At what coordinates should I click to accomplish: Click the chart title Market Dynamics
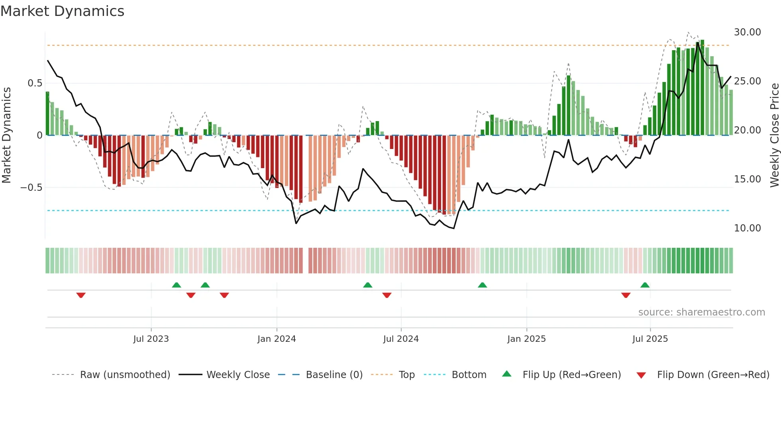[62, 11]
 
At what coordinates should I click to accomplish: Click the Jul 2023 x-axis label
[151, 339]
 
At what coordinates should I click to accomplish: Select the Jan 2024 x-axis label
[277, 339]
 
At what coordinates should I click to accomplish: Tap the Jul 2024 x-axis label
[401, 339]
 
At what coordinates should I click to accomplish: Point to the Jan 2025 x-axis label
[526, 339]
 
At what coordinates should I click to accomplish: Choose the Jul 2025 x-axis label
[650, 339]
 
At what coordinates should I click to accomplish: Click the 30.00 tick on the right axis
[747, 32]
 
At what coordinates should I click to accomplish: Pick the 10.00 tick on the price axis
[747, 228]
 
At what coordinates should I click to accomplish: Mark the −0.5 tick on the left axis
[31, 188]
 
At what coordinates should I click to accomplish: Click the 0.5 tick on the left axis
[35, 83]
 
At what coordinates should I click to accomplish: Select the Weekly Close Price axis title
[774, 135]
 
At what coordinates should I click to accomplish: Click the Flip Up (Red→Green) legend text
[571, 375]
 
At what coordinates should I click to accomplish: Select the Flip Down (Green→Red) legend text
[713, 375]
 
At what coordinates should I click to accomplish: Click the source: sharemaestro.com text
[701, 312]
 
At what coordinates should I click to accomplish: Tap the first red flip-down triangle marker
[81, 295]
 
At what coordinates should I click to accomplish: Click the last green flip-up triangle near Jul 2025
[645, 285]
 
